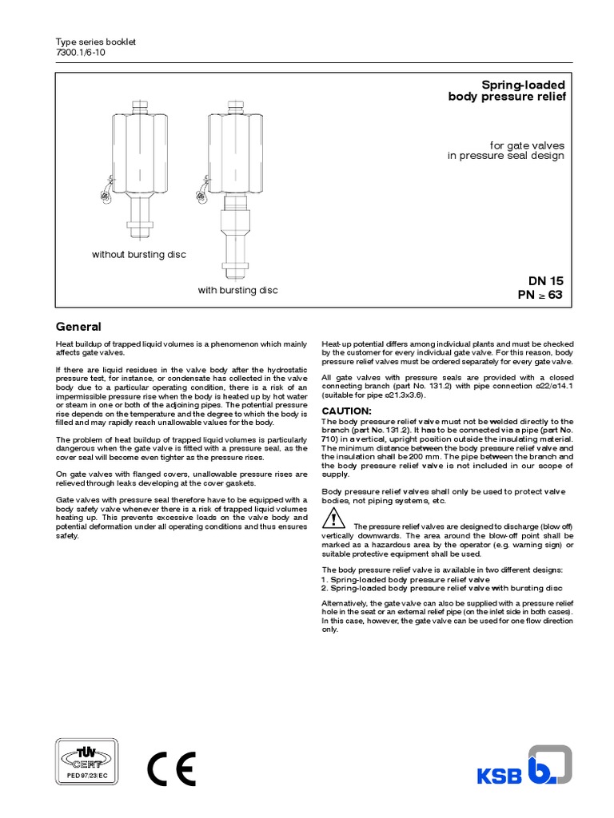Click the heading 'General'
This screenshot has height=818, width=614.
[x=78, y=327]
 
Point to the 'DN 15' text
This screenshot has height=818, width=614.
[x=545, y=281]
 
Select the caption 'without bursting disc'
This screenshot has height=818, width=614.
[x=139, y=254]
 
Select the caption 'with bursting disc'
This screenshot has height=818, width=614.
[x=238, y=290]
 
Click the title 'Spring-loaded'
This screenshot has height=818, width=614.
[x=522, y=85]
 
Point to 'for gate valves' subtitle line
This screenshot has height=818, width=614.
[x=527, y=145]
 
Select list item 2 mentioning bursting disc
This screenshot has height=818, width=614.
[x=436, y=587]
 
